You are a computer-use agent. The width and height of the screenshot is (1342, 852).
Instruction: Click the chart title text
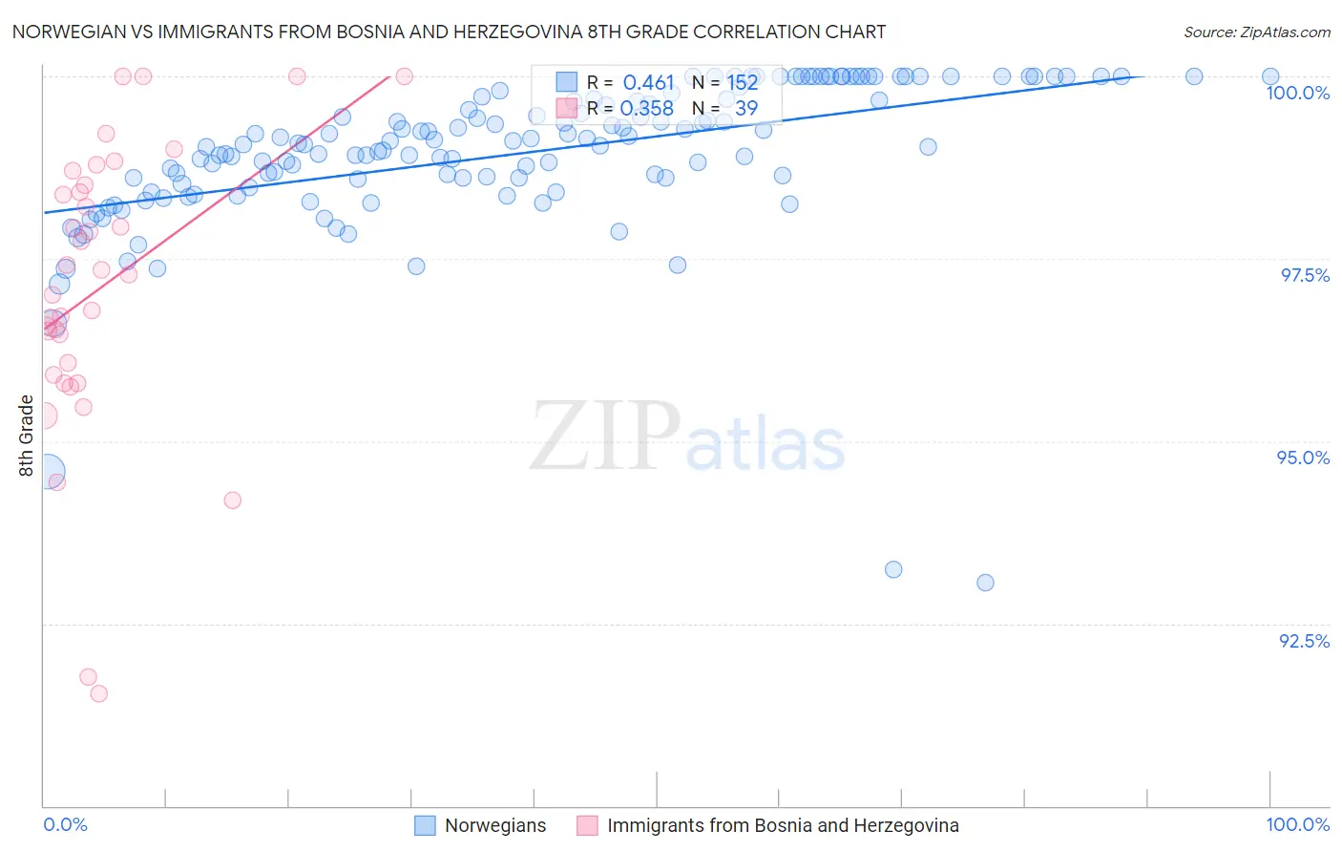point(449,32)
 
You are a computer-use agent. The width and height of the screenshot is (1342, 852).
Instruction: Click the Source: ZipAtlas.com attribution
point(1256,32)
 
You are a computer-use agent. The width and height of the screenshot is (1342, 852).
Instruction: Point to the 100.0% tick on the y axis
point(1297,93)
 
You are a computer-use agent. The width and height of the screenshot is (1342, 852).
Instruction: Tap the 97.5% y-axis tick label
point(1304,275)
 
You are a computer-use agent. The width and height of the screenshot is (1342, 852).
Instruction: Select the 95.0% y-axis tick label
point(1303,458)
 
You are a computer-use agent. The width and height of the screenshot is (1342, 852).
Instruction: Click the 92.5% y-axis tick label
point(1304,641)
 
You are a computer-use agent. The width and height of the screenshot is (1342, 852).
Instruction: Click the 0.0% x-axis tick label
point(65,824)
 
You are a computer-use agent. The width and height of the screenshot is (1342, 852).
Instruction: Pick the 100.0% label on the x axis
point(1297,824)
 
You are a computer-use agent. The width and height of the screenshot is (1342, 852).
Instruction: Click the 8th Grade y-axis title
point(27,436)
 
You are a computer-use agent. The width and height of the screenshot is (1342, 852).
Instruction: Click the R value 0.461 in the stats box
point(648,83)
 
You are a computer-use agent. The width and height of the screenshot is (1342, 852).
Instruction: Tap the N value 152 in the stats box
point(742,83)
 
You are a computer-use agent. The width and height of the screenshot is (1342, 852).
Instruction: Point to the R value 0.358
point(647,109)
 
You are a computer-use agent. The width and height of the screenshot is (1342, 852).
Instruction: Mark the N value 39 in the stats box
point(745,109)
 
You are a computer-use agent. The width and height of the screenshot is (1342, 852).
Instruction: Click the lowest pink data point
point(98,693)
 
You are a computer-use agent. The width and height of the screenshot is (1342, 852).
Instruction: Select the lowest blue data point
point(985,583)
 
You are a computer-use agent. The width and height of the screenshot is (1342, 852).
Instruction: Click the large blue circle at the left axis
point(47,472)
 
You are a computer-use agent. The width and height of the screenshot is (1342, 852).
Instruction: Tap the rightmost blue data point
point(1270,76)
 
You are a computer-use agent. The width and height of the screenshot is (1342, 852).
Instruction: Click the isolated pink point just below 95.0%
point(232,500)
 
